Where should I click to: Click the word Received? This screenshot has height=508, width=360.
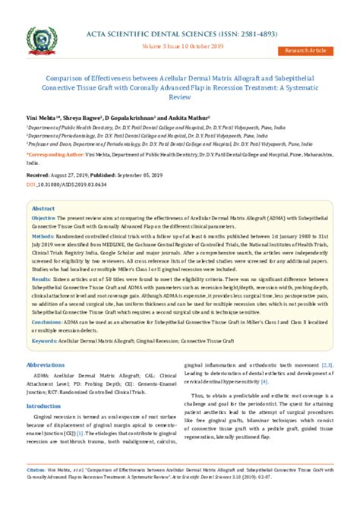(38, 174)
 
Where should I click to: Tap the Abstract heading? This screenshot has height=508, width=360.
(43, 207)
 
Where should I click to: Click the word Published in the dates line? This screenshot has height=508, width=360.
(104, 174)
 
